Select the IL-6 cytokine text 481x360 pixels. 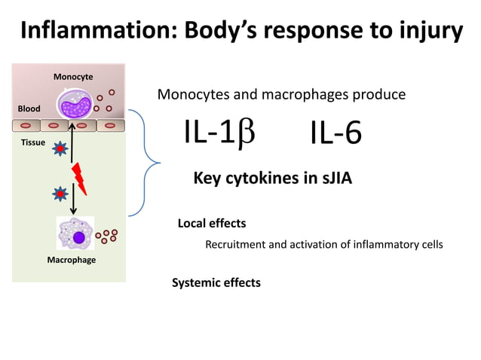(335, 134)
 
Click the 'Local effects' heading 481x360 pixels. (211, 224)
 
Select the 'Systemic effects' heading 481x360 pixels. (216, 282)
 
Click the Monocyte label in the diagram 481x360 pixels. (73, 77)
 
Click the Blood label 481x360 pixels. (29, 109)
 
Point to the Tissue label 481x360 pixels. (32, 142)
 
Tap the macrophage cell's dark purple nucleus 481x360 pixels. (79, 238)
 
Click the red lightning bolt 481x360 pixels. (78, 178)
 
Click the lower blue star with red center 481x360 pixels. (59, 195)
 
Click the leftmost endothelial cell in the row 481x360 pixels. (25, 125)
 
